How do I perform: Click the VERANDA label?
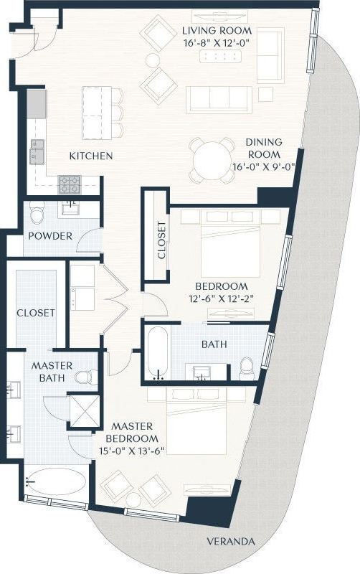tap(231, 542)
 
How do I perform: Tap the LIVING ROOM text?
tap(217, 31)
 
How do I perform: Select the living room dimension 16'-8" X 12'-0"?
tap(217, 42)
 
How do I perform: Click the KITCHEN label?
tap(91, 156)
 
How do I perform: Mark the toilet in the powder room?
tap(38, 213)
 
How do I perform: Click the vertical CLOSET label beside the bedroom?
tap(161, 240)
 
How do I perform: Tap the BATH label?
tap(214, 344)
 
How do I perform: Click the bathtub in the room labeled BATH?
tap(157, 352)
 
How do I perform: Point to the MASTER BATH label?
tap(48, 371)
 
